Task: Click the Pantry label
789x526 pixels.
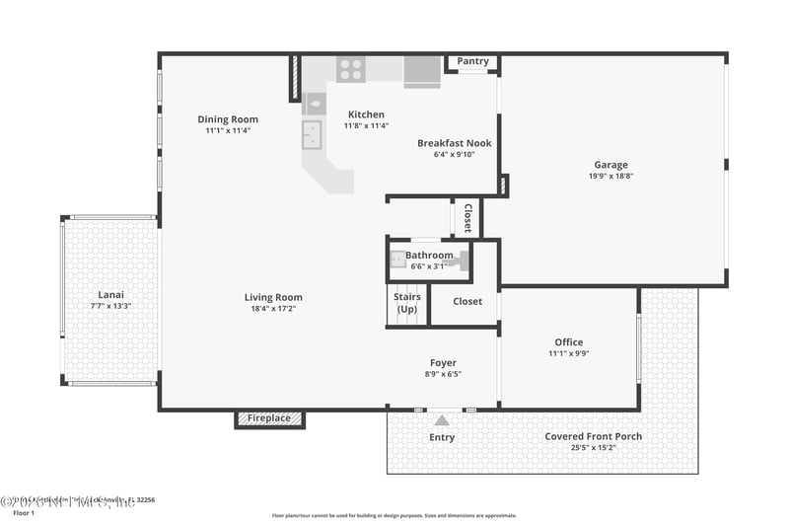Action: coord(472,61)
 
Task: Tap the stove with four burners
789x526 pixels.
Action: coord(350,69)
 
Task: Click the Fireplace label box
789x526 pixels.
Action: coord(269,418)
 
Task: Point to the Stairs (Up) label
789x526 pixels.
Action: coord(407,303)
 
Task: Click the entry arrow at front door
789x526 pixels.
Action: coord(441,419)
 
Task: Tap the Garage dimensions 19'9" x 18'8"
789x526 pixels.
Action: coord(610,177)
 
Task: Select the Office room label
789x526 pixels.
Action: coord(568,342)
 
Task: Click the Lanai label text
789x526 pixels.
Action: coord(110,295)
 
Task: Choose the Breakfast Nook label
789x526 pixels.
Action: coord(454,143)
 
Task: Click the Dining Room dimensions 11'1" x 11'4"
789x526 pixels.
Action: coord(228,130)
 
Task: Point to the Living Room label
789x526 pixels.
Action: coord(273,297)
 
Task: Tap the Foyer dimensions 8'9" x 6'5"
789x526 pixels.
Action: coord(443,374)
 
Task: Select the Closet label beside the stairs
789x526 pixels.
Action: coord(467,301)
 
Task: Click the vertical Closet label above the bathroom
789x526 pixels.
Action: coord(467,219)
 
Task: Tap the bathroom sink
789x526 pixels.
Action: coord(397,261)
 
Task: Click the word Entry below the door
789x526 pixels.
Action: coord(442,437)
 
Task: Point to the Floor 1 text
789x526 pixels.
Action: coord(23,513)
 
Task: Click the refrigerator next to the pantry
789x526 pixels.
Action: coord(422,71)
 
